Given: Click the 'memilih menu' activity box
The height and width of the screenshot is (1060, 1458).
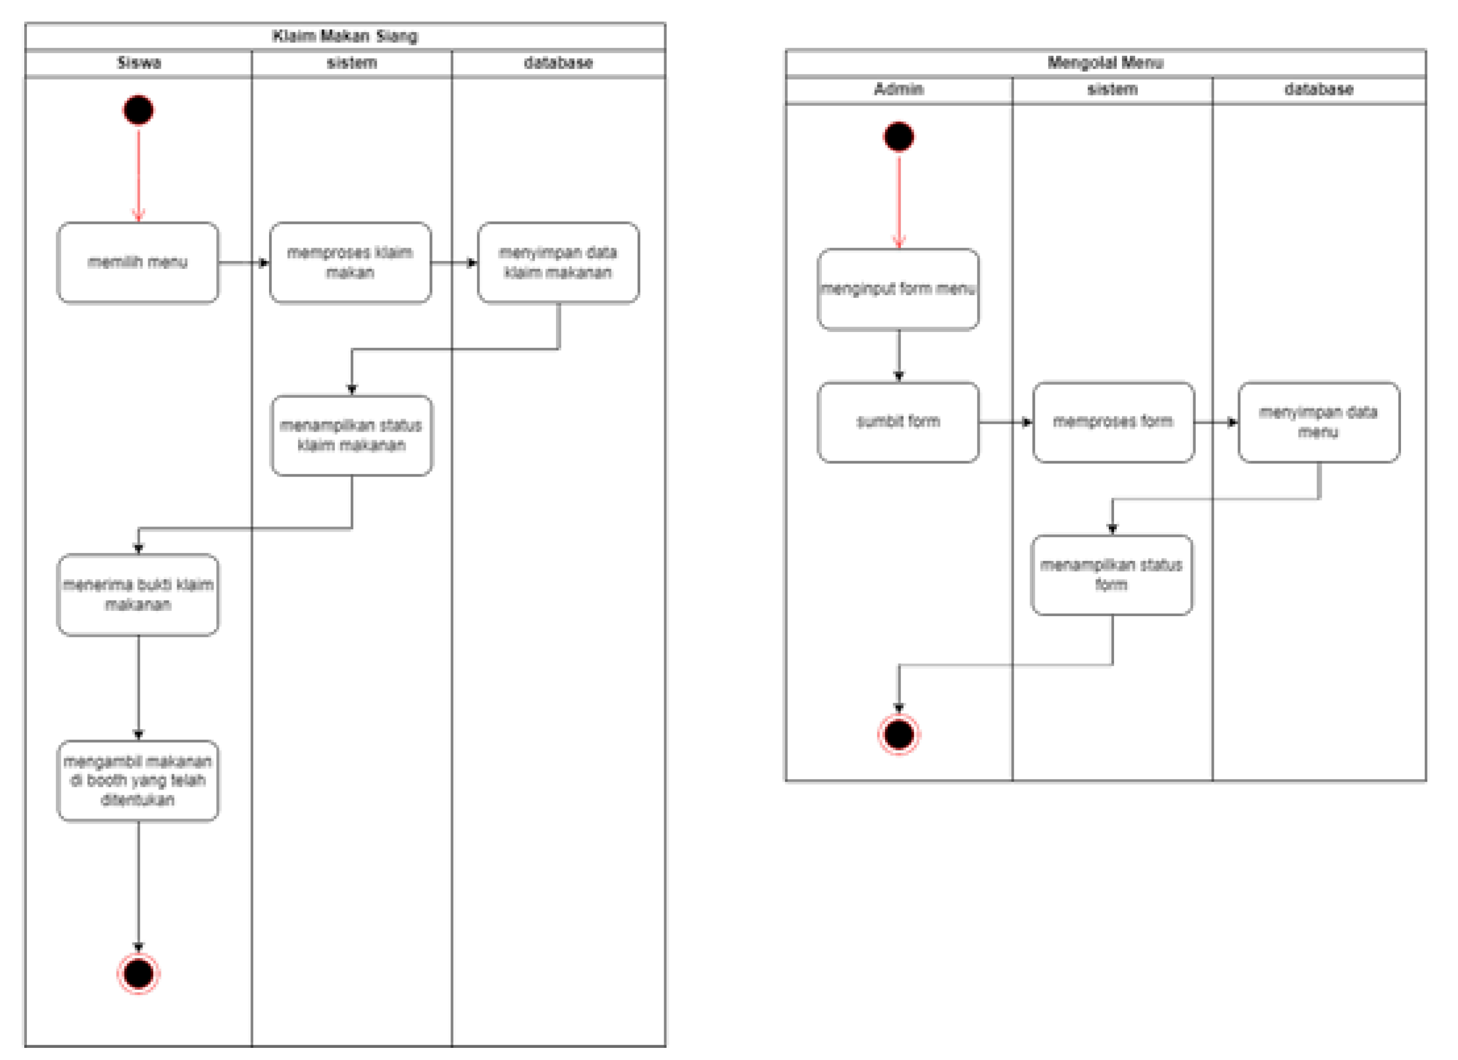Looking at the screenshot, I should [x=138, y=262].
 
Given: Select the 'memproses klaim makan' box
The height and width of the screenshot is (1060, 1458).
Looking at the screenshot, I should [x=350, y=262].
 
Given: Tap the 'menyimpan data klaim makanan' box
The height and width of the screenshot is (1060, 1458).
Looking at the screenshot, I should [x=558, y=262].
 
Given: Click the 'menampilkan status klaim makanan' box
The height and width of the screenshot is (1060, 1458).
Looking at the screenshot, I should [x=352, y=435].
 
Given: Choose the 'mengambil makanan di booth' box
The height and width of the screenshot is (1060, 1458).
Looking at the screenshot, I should [x=138, y=781].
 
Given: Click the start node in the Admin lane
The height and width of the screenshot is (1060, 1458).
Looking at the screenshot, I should [x=899, y=136].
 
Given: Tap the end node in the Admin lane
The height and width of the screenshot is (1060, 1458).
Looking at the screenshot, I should [x=899, y=734].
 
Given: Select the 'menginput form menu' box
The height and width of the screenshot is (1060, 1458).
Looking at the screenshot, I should [x=899, y=289].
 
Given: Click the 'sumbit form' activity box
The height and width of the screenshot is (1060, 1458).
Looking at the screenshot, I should [x=899, y=422].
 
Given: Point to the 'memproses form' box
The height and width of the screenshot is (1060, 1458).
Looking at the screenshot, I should [x=1114, y=422].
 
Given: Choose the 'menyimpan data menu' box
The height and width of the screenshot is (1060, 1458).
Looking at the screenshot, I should [x=1319, y=422].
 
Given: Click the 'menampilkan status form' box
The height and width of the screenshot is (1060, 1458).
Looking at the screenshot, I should [x=1112, y=575].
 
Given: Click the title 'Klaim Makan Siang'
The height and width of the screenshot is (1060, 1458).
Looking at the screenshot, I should [x=345, y=36].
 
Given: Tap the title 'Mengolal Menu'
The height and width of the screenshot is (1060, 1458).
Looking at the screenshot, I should [x=1105, y=62].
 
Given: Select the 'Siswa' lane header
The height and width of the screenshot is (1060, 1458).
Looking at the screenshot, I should [x=139, y=63].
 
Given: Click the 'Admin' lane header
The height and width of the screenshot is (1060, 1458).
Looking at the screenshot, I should [x=899, y=89].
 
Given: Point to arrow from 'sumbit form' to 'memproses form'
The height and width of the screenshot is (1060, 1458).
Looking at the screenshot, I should [x=1005, y=422].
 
